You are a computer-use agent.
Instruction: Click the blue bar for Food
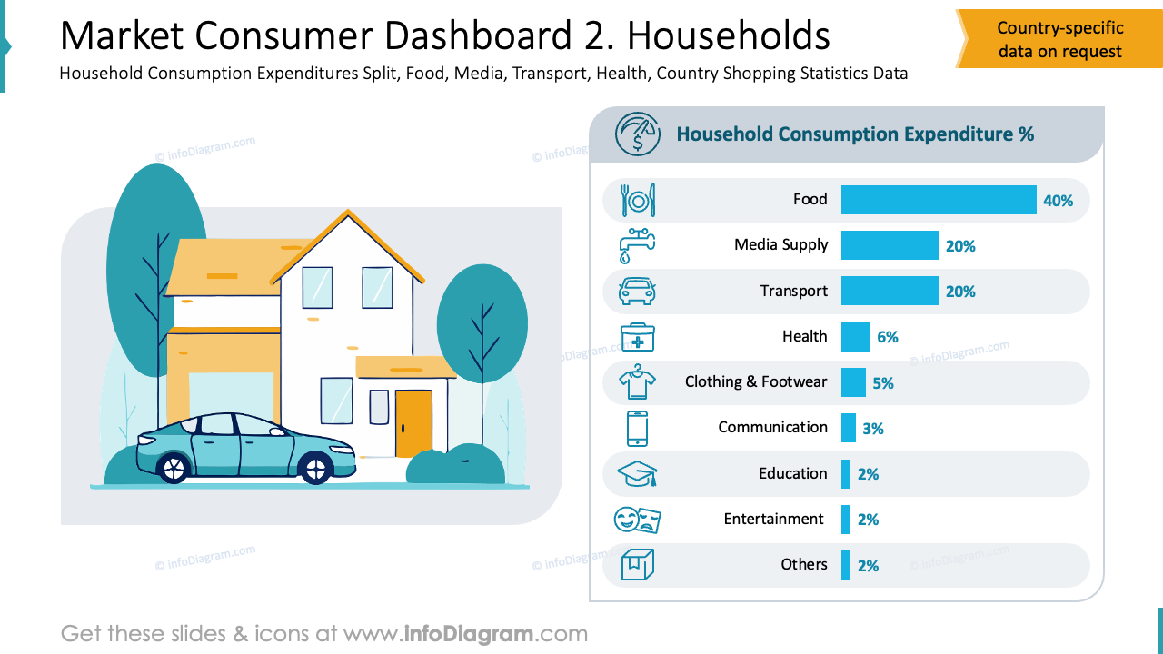(x=938, y=200)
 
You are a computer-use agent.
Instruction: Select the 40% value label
(x=1058, y=201)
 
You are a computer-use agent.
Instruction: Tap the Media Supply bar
(x=889, y=245)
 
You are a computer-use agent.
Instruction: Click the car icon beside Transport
(x=637, y=292)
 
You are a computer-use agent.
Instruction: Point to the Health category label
(x=804, y=336)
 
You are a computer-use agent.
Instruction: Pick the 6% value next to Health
(x=887, y=337)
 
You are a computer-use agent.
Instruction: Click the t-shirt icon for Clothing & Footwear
(x=637, y=382)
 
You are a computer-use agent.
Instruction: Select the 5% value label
(x=882, y=383)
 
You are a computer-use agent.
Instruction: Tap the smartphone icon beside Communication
(x=637, y=428)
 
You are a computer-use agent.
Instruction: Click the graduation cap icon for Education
(x=637, y=474)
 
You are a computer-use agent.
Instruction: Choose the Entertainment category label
(x=773, y=519)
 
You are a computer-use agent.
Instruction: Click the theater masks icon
(x=637, y=520)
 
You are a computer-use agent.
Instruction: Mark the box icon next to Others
(x=637, y=565)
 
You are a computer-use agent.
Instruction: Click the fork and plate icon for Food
(x=637, y=200)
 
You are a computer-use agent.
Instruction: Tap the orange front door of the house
(x=413, y=423)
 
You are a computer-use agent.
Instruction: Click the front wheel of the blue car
(x=314, y=469)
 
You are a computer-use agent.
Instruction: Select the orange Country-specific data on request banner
(x=1059, y=40)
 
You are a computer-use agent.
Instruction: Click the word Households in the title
(x=728, y=36)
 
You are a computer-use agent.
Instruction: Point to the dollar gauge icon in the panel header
(x=638, y=134)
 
